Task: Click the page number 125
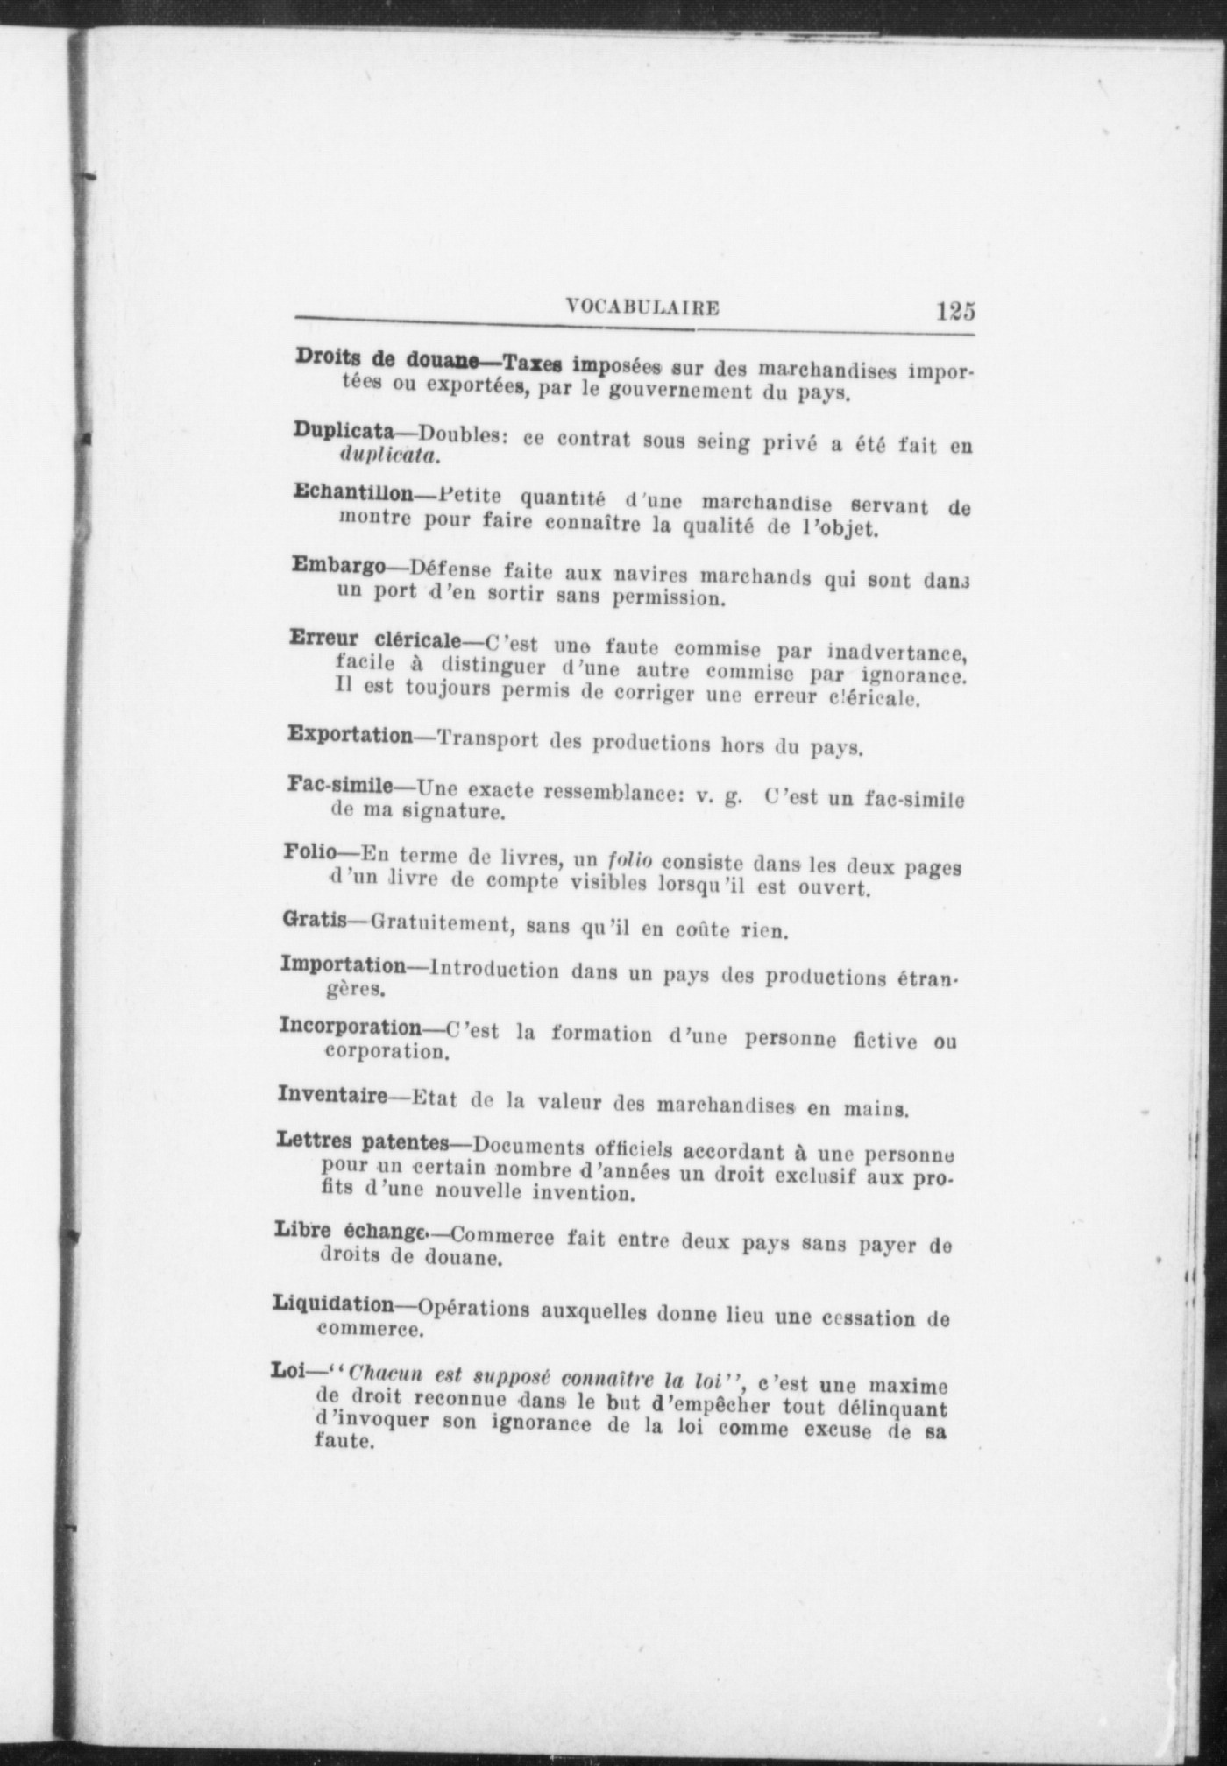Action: (x=954, y=312)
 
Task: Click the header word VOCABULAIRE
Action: (x=642, y=307)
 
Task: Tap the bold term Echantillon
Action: (x=352, y=492)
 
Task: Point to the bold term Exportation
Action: (x=350, y=734)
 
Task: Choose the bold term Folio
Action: (x=304, y=851)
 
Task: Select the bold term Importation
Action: (x=343, y=965)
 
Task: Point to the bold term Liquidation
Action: (x=334, y=1304)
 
